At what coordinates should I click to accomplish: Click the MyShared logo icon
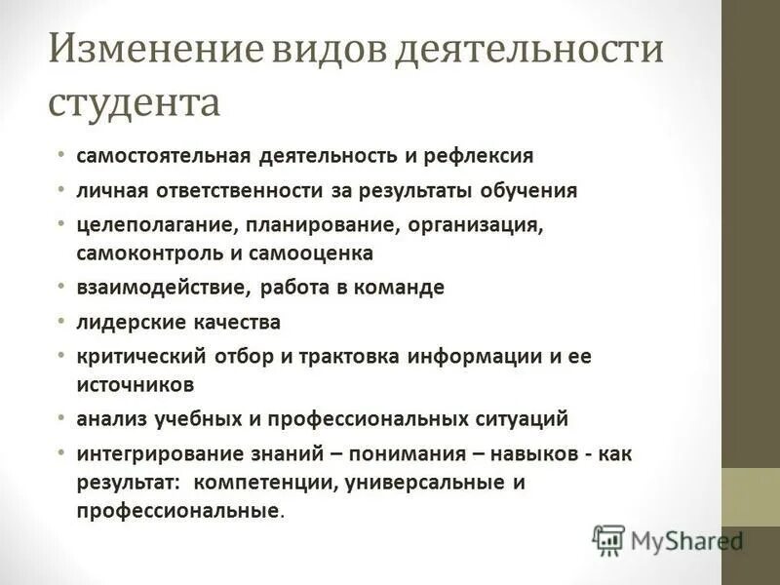(608, 539)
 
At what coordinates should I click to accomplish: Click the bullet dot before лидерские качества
(61, 320)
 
